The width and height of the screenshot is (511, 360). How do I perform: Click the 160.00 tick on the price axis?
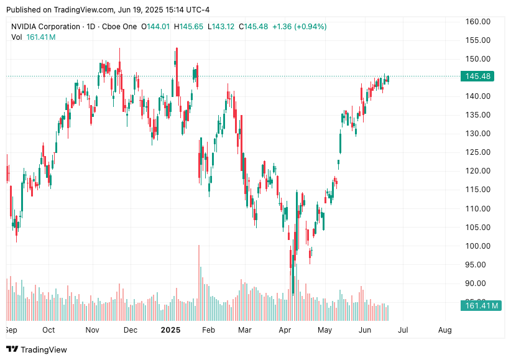pos(478,22)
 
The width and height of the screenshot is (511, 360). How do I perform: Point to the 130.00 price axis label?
pos(478,134)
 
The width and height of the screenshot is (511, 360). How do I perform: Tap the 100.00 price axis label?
pos(478,246)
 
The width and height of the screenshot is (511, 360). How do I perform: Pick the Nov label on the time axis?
pos(92,330)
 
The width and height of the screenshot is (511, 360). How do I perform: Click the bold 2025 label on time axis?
pos(170,330)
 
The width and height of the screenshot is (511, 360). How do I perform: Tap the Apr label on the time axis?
pos(285,330)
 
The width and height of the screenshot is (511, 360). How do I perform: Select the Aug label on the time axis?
pos(444,330)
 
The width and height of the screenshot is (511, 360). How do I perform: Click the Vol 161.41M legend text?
pos(34,37)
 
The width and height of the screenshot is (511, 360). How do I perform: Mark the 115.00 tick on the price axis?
pos(478,190)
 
